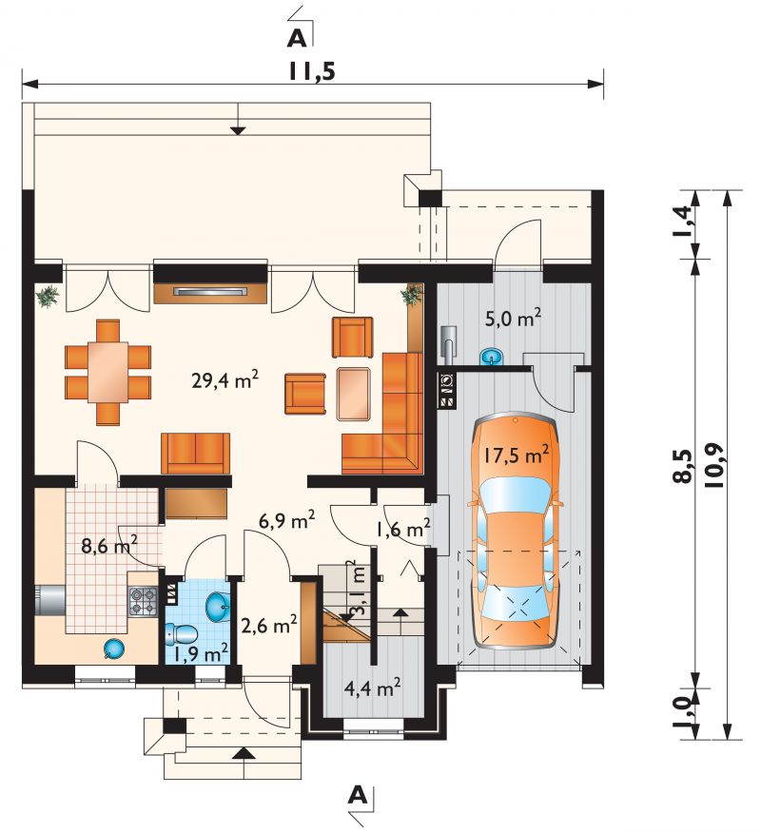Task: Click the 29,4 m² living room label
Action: point(224,379)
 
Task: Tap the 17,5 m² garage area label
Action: point(516,455)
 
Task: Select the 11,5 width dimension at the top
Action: point(312,71)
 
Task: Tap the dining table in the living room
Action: point(107,372)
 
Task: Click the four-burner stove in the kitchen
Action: point(144,601)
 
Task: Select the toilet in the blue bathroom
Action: point(182,633)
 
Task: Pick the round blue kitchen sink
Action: point(114,649)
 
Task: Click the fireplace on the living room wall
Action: point(210,293)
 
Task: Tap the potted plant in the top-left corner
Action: point(49,296)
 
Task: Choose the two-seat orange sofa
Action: point(196,454)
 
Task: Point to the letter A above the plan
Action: point(297,38)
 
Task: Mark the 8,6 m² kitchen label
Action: point(109,544)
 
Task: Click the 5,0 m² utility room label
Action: point(514,319)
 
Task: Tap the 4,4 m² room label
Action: point(372,688)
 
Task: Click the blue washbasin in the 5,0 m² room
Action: point(492,356)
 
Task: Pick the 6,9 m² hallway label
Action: point(287,520)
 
